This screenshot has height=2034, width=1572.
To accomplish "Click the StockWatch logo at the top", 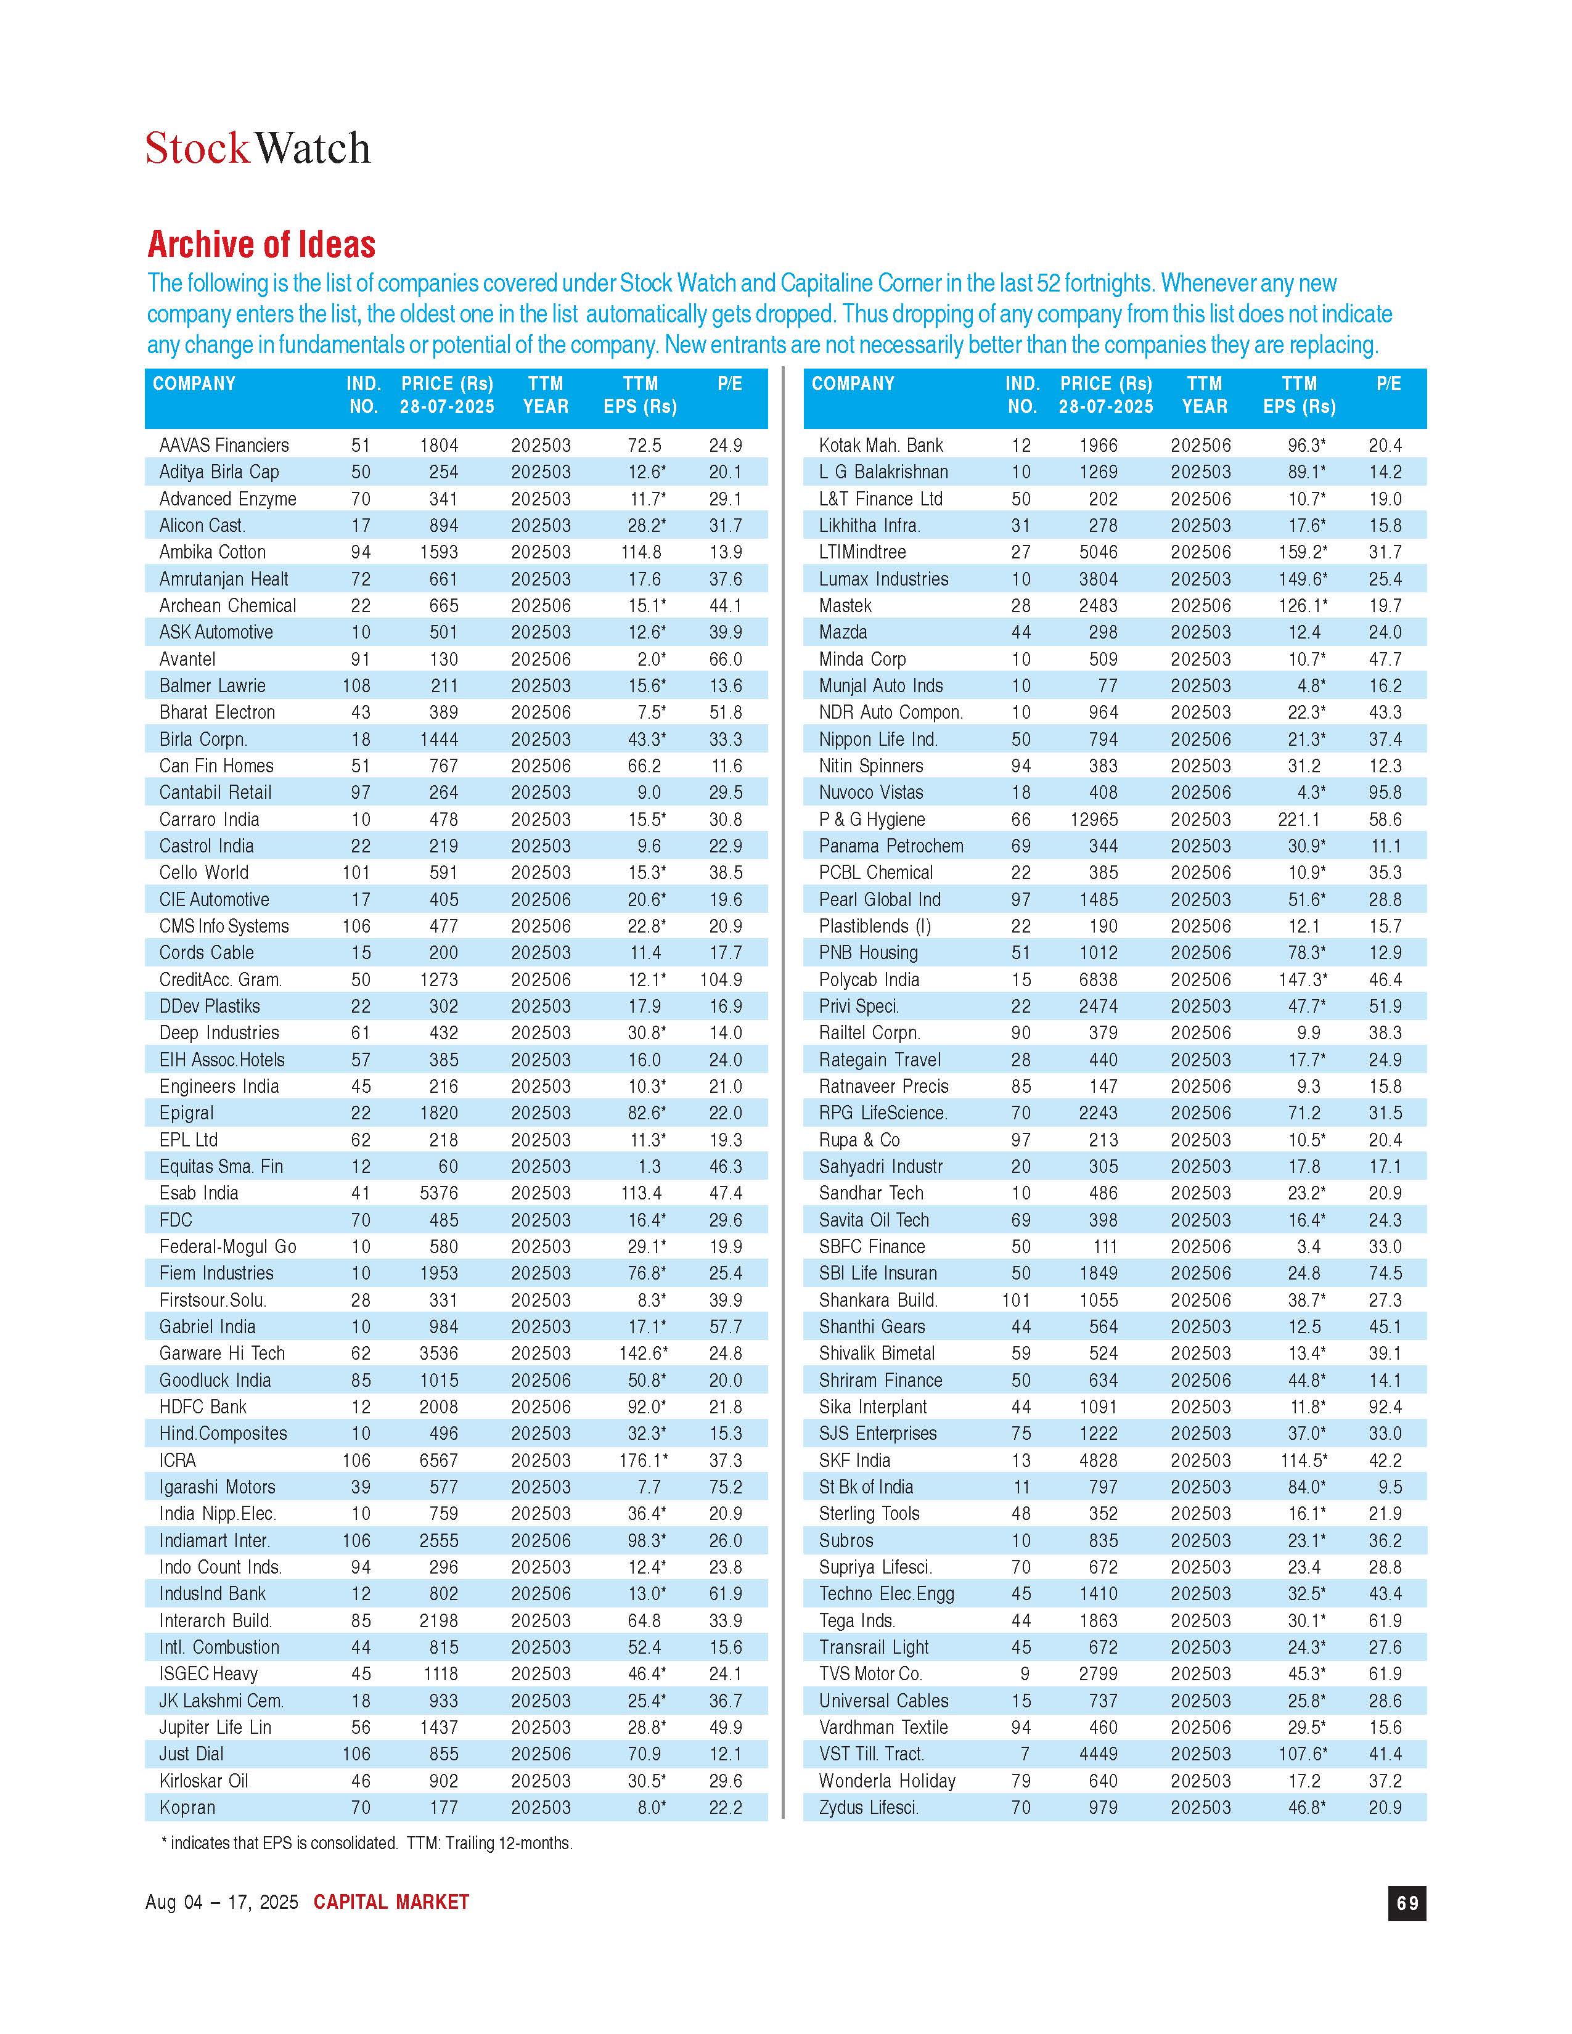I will (x=258, y=148).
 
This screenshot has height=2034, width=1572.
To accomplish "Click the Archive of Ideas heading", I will (x=261, y=245).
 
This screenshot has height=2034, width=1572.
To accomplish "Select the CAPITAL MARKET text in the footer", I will (x=391, y=1901).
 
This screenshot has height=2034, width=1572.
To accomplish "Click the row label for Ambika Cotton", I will (x=212, y=552).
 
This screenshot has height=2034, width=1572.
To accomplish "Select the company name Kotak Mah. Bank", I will (x=880, y=445).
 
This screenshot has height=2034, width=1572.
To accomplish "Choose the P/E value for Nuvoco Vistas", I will (x=1385, y=793).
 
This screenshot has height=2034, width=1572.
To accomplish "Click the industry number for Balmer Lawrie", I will (x=357, y=685).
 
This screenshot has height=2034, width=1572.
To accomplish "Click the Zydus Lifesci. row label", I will (x=868, y=1808).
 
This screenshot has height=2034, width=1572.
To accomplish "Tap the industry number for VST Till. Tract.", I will (x=1025, y=1754).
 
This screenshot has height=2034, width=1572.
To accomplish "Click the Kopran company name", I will (x=187, y=1808).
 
